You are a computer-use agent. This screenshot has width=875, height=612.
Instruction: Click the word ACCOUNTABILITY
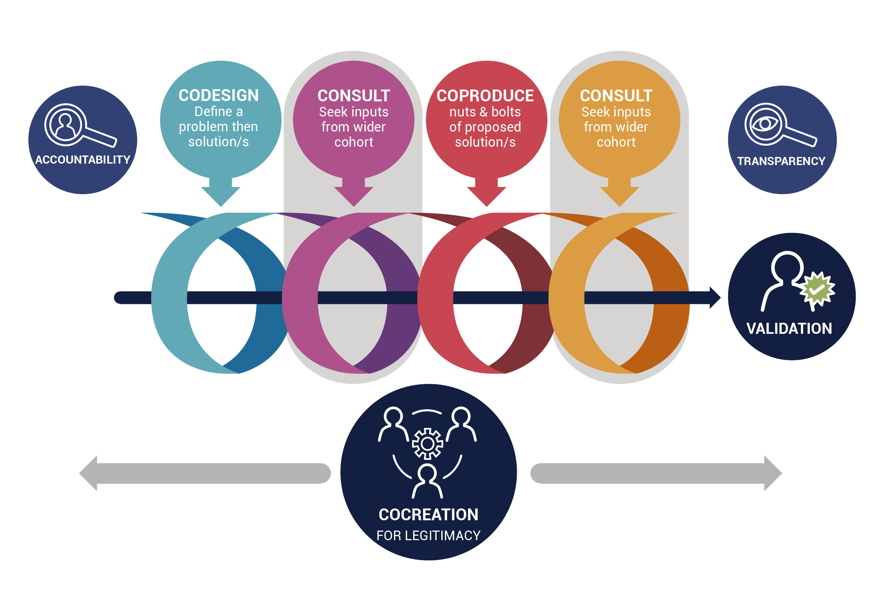pos(83,160)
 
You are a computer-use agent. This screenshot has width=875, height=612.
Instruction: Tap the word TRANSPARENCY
pos(781,161)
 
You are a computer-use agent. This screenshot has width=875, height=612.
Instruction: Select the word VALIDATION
pos(789,329)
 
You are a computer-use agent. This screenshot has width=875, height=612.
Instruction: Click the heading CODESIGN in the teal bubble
pos(219,95)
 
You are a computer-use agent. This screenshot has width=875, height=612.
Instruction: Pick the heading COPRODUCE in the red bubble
pos(485,96)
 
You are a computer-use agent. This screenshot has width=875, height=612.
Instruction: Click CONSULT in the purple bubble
pos(354,96)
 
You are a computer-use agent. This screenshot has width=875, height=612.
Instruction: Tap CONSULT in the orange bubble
pos(616,96)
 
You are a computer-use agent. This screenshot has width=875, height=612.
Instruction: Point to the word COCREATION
pos(428,514)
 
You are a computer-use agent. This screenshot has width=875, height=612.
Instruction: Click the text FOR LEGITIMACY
pos(428,535)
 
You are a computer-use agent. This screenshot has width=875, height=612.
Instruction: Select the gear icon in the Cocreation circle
pos(428,444)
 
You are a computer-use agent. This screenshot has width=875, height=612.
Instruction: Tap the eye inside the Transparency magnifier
pos(764,124)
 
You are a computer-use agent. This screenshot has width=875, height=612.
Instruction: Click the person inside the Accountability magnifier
pos(65,126)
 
